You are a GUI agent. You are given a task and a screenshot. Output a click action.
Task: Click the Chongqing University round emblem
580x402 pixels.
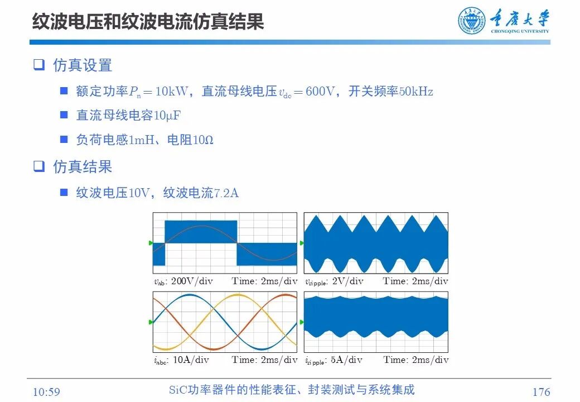click(x=472, y=21)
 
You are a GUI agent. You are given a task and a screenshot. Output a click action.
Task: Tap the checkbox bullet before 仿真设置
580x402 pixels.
click(x=38, y=65)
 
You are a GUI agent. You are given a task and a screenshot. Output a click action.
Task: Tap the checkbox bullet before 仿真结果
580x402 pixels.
click(x=38, y=166)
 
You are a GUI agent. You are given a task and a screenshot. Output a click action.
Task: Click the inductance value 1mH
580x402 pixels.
click(x=139, y=140)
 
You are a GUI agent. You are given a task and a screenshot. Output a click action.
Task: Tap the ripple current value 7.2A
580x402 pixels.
click(x=226, y=193)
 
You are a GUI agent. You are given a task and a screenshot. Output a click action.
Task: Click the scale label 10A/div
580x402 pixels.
click(x=191, y=360)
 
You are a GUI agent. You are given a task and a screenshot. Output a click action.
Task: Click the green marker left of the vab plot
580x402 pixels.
click(x=151, y=243)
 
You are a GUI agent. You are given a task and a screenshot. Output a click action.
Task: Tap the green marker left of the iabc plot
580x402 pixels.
click(x=151, y=322)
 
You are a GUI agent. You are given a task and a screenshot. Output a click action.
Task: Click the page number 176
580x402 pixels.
click(x=541, y=392)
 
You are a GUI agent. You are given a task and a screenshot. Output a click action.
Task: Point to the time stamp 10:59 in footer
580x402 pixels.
click(x=46, y=392)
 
